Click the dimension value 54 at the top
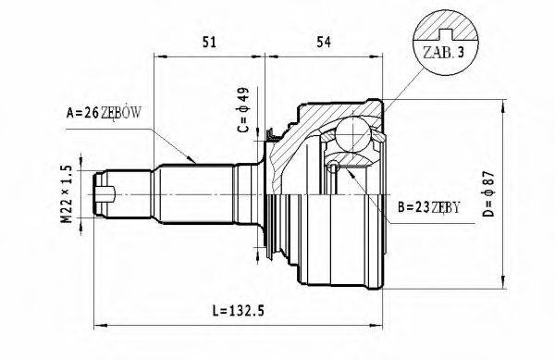point(324,42)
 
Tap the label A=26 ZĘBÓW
point(103,114)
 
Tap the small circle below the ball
point(334,167)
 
